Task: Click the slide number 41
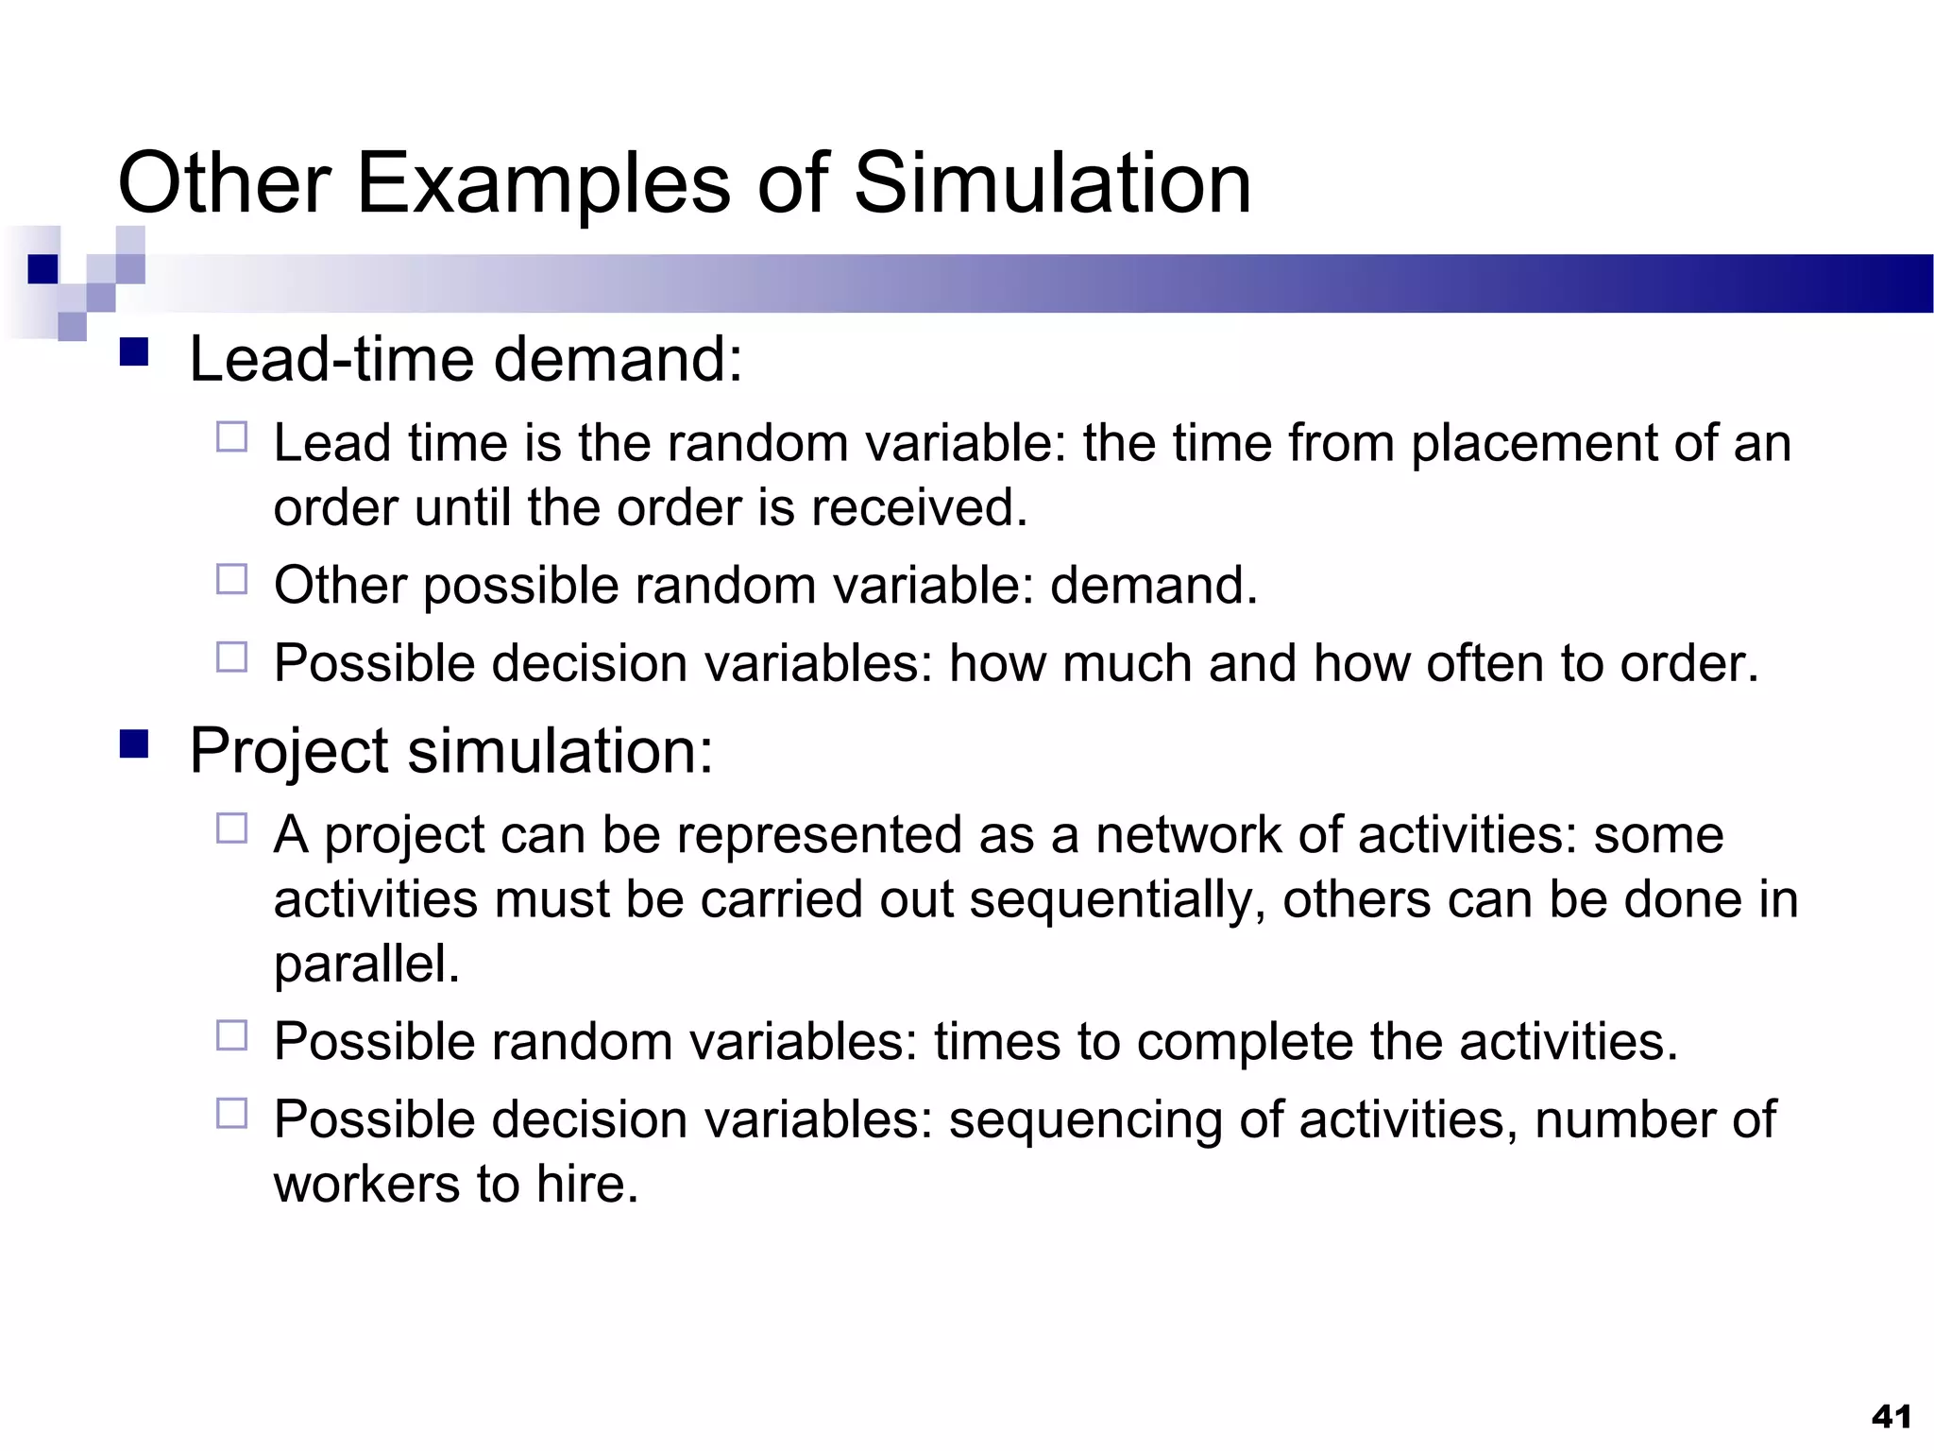tap(1892, 1416)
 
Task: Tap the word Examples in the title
tap(543, 185)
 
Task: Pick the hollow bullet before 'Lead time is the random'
tap(231, 437)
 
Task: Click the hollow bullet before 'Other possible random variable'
tap(231, 579)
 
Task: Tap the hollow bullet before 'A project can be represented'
tap(231, 828)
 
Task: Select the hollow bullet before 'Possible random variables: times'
tap(231, 1035)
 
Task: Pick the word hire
tap(586, 1185)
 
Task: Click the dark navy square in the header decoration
tap(42, 269)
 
